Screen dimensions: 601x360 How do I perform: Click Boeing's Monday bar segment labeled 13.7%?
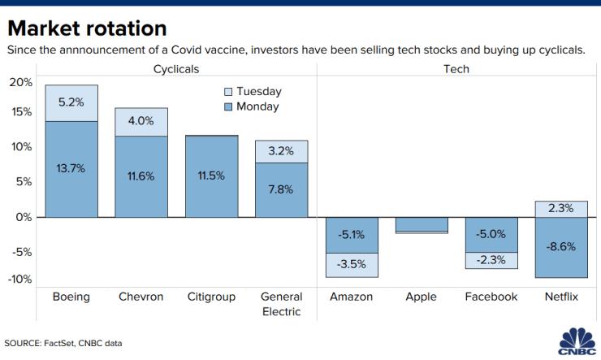tap(71, 169)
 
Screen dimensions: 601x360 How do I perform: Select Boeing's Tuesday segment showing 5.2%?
tap(71, 103)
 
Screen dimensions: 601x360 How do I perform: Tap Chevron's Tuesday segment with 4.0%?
tap(141, 122)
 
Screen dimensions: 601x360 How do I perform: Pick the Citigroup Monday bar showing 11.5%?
tap(212, 176)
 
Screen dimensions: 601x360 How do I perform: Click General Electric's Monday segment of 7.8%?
tap(281, 190)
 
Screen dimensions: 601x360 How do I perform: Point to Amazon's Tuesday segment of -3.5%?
tap(352, 265)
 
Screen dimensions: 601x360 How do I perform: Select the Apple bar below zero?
tap(422, 225)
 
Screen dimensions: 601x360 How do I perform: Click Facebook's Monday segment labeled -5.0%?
tap(491, 235)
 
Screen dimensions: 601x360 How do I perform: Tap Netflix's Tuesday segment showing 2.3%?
tap(561, 210)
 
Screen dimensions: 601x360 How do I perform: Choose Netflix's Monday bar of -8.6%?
tap(561, 247)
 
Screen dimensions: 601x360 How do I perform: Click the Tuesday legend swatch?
tap(228, 92)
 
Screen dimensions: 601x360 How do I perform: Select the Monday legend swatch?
tap(228, 107)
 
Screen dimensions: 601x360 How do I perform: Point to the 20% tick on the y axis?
tap(21, 82)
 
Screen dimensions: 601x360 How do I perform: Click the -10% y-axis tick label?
tap(20, 279)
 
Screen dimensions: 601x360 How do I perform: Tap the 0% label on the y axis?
tap(24, 217)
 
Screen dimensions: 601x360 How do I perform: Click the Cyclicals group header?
tap(176, 69)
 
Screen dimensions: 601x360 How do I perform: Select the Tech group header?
tap(456, 69)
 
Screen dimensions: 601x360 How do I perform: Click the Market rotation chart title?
tap(88, 28)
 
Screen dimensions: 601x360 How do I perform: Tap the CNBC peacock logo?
tap(577, 341)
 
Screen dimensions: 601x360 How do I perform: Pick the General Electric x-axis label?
tap(281, 304)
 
